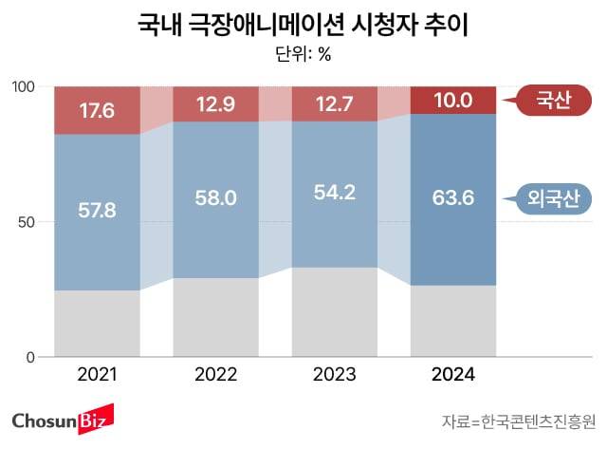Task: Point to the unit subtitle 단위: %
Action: pos(303,54)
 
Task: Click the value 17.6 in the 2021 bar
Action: pos(97,111)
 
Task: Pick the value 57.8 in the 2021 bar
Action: pos(97,209)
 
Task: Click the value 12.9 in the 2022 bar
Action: pos(215,104)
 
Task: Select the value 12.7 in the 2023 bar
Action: pos(334,104)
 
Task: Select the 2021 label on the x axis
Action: pos(97,376)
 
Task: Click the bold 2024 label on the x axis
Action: pos(452,376)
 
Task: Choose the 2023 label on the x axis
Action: pos(334,376)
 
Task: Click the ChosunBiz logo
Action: pos(62,419)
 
